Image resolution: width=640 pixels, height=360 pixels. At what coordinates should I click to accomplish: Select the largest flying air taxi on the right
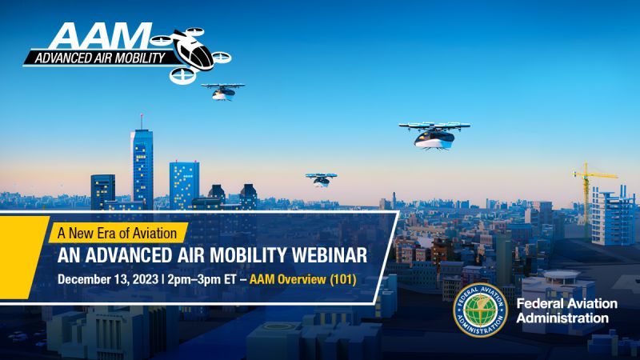pos(433,134)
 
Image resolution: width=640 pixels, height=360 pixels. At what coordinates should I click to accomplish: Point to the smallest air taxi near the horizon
pos(321,178)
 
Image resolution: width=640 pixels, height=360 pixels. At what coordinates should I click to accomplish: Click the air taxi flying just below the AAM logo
pos(222,90)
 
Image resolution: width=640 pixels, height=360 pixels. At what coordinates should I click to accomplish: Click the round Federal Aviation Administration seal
pos(480,310)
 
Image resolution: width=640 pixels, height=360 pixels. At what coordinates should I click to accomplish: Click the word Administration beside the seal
pos(562,318)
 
